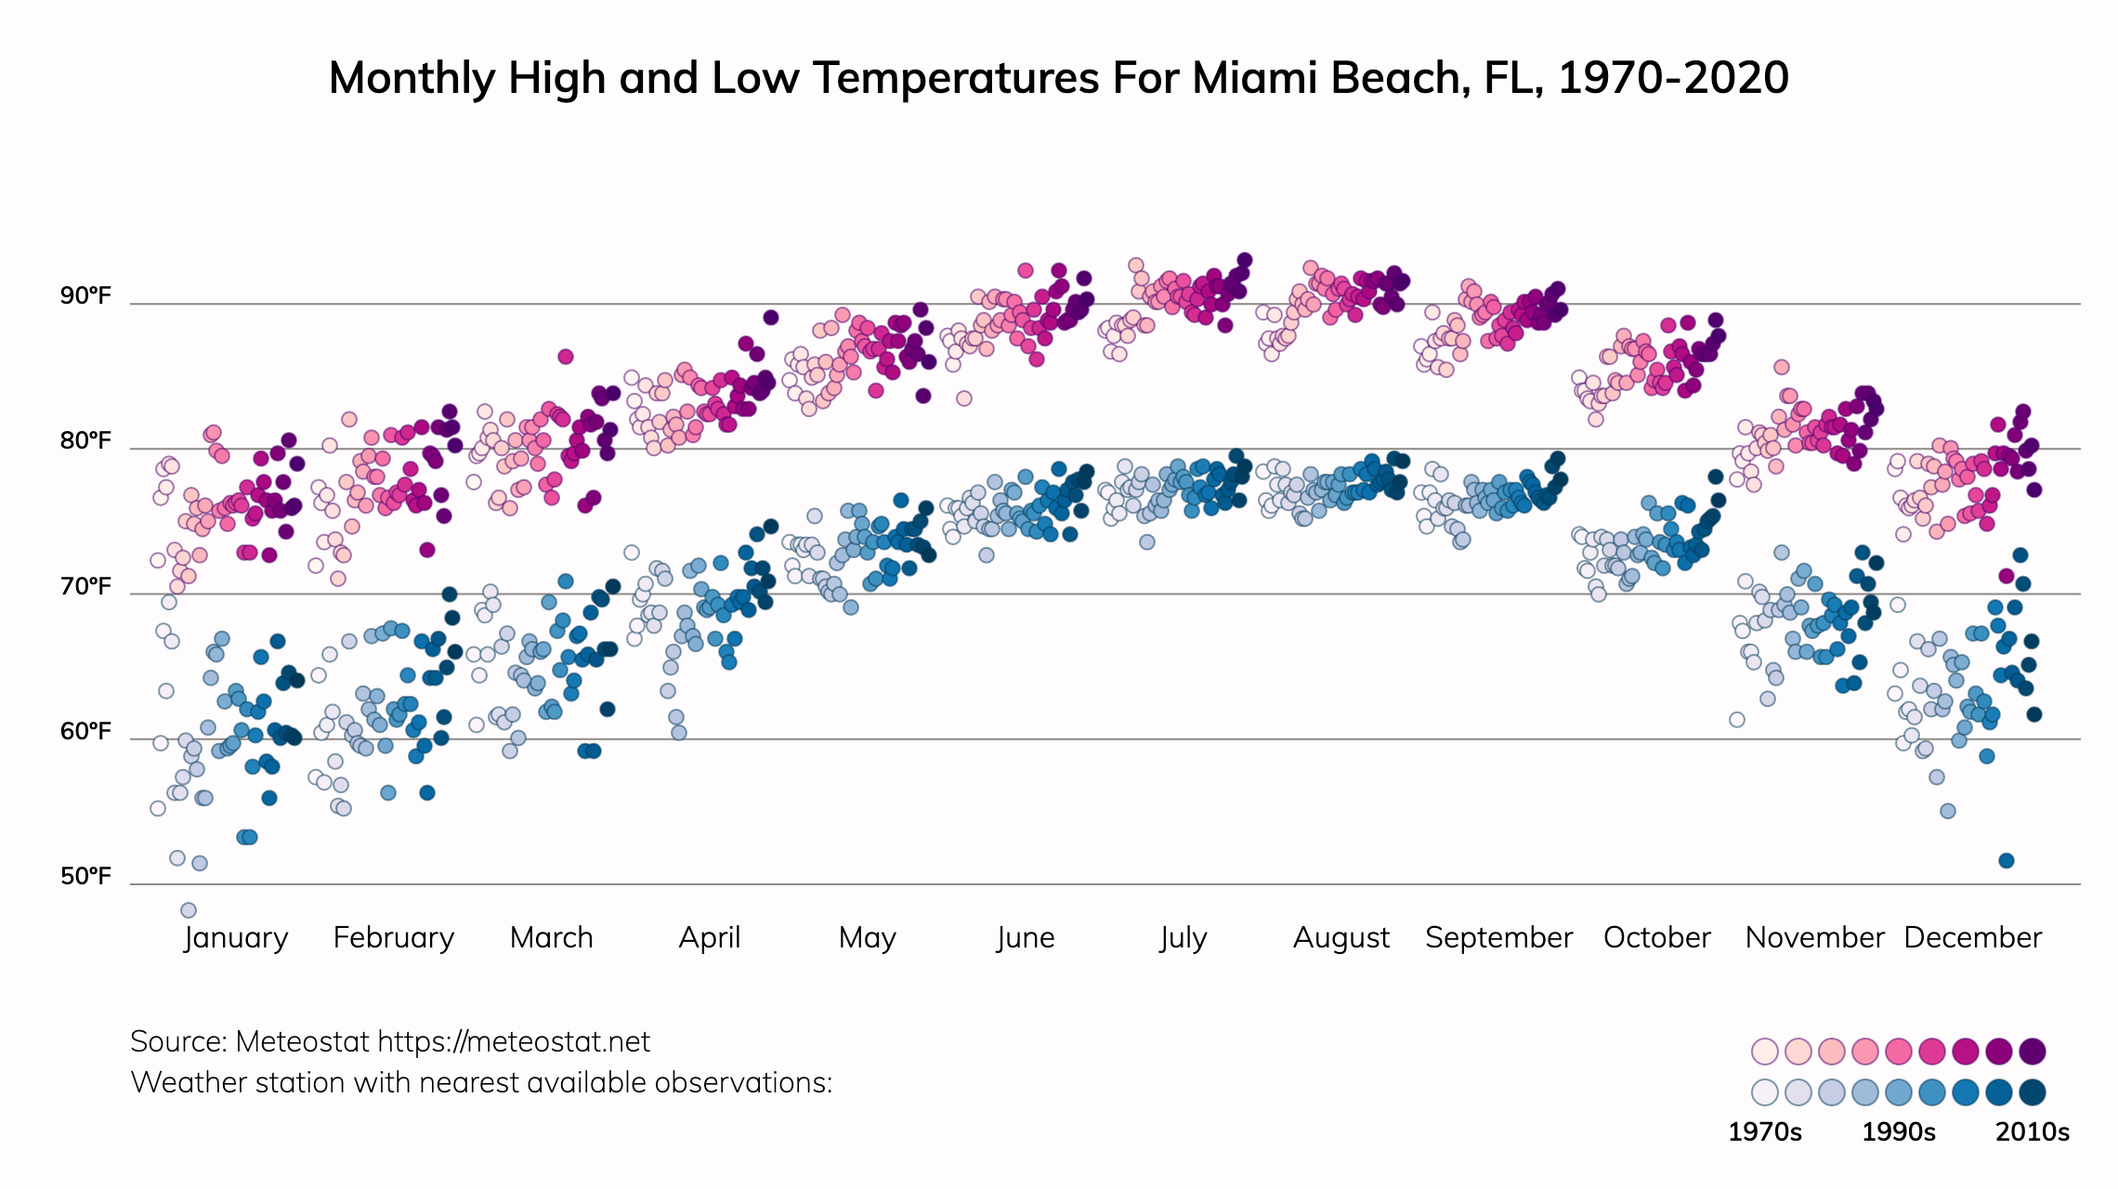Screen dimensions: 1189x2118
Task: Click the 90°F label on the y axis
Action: point(85,295)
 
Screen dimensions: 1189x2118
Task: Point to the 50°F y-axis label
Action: point(85,876)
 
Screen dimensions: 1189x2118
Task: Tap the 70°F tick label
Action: point(85,586)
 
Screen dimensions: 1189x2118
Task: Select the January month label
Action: point(236,937)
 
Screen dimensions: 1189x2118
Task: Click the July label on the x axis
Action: point(1183,937)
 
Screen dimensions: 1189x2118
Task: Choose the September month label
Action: point(1498,937)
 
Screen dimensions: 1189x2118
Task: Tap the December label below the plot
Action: point(1972,937)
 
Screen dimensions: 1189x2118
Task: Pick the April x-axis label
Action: point(710,937)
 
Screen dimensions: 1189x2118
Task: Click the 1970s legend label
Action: point(1764,1131)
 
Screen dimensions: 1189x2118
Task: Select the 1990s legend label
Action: point(1899,1131)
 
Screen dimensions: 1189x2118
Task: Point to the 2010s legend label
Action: point(2033,1131)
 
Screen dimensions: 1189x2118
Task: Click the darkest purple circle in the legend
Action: point(2033,1052)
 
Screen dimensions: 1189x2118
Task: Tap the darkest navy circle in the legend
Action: point(2033,1092)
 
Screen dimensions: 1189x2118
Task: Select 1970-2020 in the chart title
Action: point(1673,78)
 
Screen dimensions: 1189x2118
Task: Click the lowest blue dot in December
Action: point(2006,861)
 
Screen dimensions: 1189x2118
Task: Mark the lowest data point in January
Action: point(189,910)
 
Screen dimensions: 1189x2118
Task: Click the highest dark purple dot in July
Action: point(1244,261)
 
